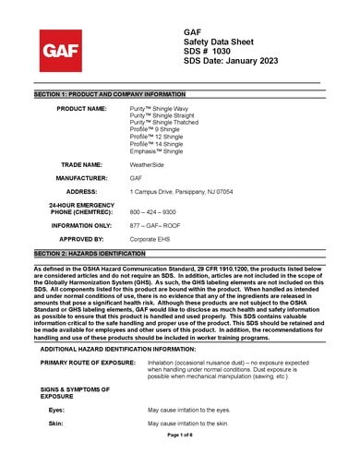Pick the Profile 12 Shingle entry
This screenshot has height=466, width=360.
155,137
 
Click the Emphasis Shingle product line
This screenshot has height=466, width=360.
156,150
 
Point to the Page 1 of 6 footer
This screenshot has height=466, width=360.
179,434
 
